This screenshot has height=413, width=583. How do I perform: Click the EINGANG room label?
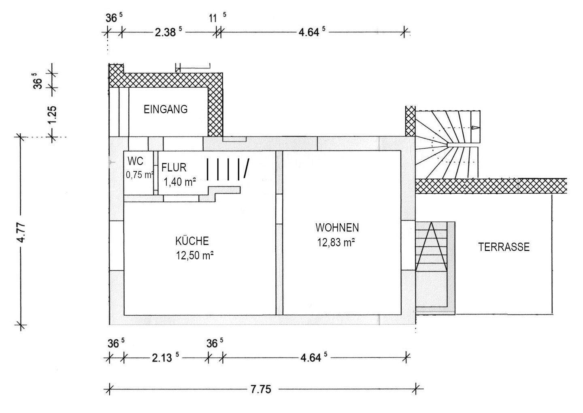point(166,109)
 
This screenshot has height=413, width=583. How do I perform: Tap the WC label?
point(135,161)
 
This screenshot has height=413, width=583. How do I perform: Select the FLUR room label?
point(174,168)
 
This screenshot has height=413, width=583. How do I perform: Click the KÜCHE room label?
point(192,241)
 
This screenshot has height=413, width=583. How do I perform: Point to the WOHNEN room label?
point(337,227)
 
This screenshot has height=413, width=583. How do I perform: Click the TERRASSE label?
point(504,247)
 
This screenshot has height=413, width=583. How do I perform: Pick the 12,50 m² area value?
point(195,256)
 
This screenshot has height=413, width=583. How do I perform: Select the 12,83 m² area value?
point(336,242)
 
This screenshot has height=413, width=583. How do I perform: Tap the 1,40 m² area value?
point(180,182)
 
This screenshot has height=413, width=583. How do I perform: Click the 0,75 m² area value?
point(140,175)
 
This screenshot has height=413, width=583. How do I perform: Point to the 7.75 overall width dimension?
point(261,389)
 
